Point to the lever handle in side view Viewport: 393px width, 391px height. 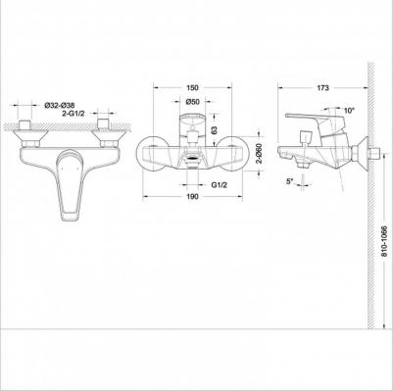click(x=312, y=122)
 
